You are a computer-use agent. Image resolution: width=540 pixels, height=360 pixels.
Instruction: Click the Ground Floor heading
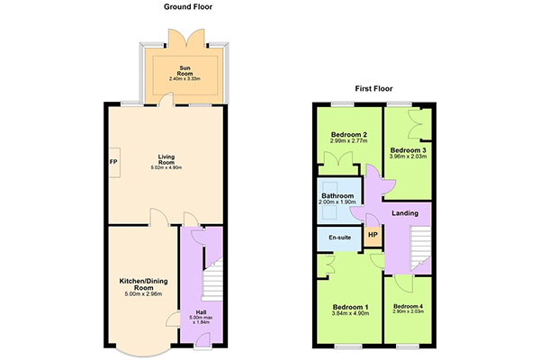188,6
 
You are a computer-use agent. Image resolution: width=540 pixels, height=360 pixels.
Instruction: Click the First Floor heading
373,88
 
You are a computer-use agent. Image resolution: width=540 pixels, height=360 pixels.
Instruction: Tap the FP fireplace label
113,162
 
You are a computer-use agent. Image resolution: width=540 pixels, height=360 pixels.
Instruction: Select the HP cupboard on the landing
373,235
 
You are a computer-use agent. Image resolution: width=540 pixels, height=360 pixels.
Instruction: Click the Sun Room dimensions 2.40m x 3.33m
184,79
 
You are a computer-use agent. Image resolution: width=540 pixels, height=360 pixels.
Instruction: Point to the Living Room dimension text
166,167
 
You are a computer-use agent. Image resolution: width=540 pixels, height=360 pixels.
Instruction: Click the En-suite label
340,238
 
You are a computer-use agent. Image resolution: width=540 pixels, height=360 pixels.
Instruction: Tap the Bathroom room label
337,195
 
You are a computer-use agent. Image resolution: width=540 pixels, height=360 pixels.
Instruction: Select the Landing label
405,213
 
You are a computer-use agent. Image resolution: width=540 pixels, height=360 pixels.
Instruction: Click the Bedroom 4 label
408,306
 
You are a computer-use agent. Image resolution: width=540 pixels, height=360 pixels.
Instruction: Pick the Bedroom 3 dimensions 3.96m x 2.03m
408,156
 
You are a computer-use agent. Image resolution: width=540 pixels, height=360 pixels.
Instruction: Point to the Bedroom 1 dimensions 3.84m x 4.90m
351,313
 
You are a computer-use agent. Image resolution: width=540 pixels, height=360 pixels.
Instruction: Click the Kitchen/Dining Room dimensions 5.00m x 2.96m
144,294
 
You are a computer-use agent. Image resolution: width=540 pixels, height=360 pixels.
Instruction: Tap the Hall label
201,312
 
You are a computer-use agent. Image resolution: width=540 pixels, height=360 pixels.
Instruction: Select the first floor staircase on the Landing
420,248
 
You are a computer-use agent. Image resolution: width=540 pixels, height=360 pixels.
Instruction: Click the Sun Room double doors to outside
186,38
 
